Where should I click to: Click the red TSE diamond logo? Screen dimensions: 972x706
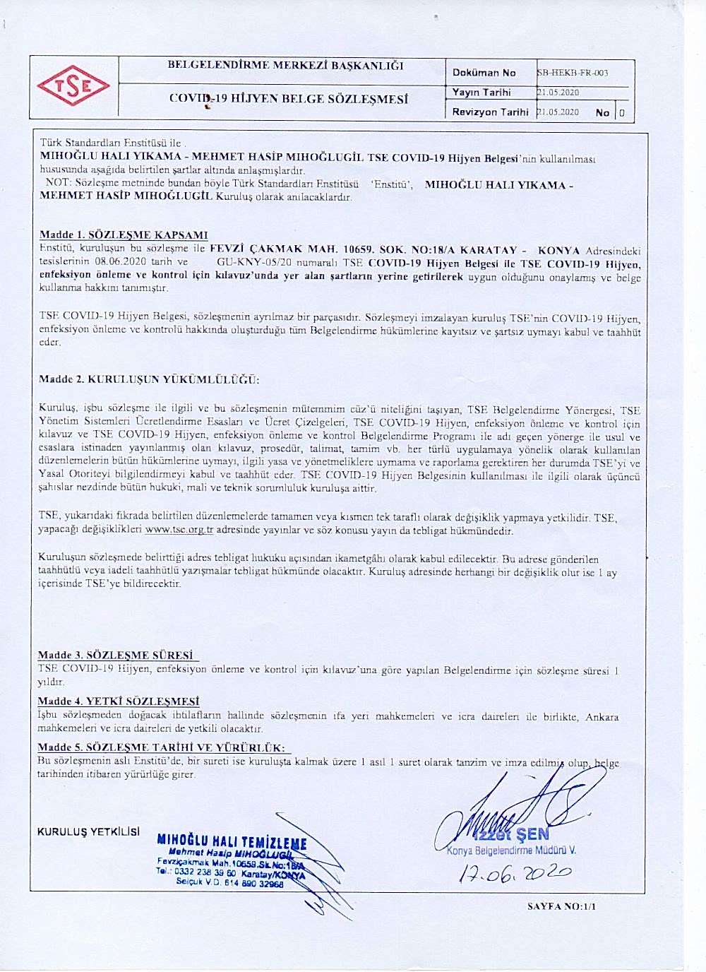click(73, 86)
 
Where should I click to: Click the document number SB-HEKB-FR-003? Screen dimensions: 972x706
click(573, 73)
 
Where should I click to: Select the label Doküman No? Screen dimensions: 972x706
click(484, 73)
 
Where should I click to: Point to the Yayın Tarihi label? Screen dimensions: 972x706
click(481, 93)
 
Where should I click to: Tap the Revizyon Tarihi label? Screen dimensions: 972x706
click(490, 112)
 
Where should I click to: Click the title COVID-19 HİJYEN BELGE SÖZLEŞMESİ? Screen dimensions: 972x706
click(288, 99)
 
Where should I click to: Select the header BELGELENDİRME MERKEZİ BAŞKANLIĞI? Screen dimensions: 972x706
click(285, 66)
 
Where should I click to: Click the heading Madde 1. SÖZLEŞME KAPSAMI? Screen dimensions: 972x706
click(124, 235)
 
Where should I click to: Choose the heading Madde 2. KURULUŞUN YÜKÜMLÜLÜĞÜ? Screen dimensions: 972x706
click(149, 379)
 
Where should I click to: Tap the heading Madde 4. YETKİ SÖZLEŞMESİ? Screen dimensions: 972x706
click(118, 701)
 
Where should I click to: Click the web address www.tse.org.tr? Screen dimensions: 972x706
click(179, 530)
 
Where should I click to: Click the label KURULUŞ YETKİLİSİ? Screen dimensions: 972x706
click(88, 831)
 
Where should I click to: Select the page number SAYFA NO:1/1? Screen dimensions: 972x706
click(561, 907)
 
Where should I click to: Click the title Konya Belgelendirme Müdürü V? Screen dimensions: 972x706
click(511, 850)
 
